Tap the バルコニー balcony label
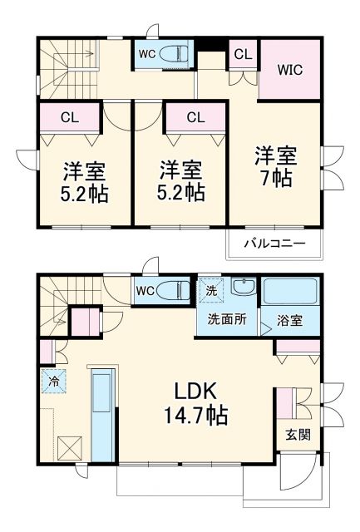pyautogui.click(x=274, y=244)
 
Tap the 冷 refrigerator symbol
pyautogui.click(x=50, y=384)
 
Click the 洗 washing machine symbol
pyautogui.click(x=212, y=292)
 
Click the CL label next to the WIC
pyautogui.click(x=243, y=54)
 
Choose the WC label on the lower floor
pyautogui.click(x=146, y=291)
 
